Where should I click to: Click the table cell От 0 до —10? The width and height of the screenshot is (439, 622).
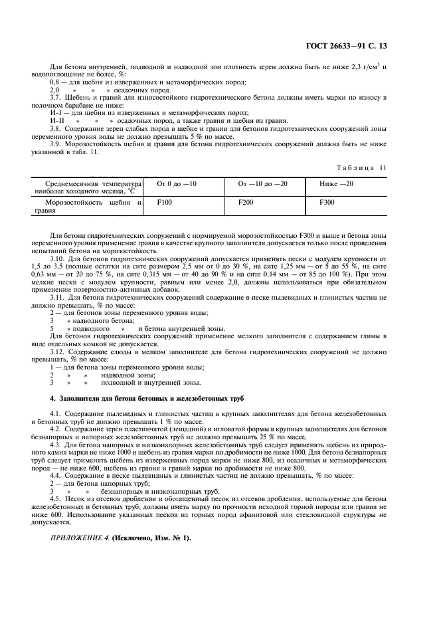(x=176, y=183)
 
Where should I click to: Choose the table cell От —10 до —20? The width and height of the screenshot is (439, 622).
(x=263, y=183)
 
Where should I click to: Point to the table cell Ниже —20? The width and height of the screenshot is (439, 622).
(x=337, y=183)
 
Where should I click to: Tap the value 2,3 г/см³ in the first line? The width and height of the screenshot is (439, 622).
(x=371, y=67)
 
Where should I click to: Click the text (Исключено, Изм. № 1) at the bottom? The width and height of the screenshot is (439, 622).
(x=151, y=538)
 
